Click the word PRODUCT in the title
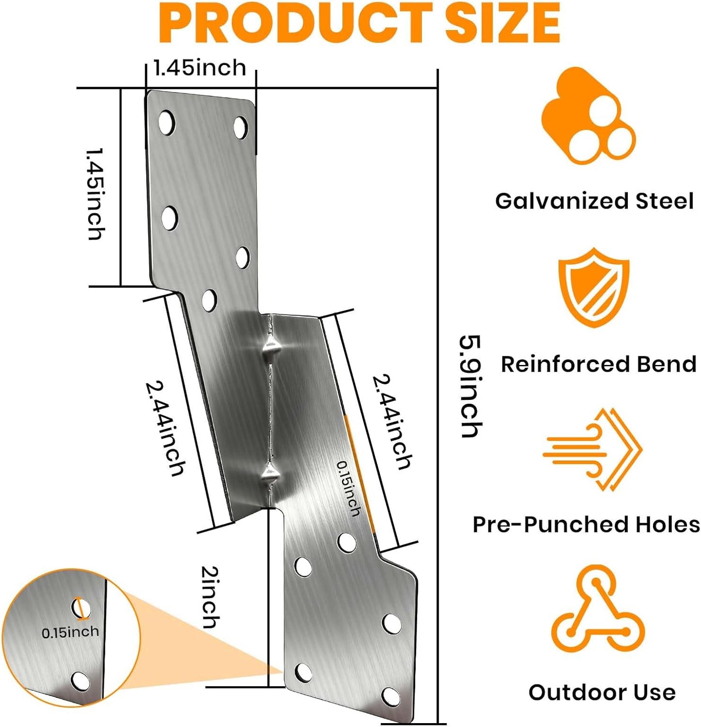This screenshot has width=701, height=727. click(295, 22)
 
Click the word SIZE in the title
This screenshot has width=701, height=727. click(503, 22)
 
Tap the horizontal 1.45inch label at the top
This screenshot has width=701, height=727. click(200, 68)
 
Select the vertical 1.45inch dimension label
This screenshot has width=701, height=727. click(95, 194)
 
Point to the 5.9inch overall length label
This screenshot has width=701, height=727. click(471, 387)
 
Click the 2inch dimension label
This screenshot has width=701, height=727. click(210, 597)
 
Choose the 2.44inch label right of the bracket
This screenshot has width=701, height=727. click(392, 421)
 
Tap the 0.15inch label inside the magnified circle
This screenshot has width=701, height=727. click(70, 632)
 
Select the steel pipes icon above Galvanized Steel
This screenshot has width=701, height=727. click(588, 116)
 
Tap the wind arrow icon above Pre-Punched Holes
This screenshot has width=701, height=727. click(593, 449)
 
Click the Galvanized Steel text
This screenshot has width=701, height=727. click(594, 201)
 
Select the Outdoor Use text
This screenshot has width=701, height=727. click(602, 692)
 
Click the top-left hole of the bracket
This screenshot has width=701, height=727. click(166, 122)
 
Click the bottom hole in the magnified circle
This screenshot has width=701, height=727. click(80, 682)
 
